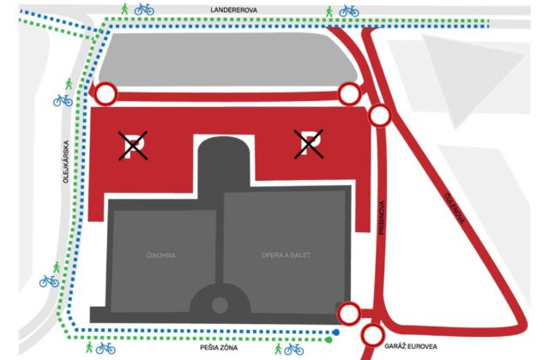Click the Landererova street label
pos(233,10)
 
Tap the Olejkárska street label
pos(66,162)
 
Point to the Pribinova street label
pos(382,217)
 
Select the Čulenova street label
pos(454,208)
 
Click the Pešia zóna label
pos(219,347)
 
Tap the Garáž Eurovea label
pos(411,346)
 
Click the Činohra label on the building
pos(160,255)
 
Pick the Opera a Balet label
pos(286,255)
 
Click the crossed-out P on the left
pos(133,146)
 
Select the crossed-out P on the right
pos(309,144)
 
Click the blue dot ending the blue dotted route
pos(336,333)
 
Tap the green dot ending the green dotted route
pos(329,339)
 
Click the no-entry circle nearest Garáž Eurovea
pos(372,335)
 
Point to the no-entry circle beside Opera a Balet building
pos(349,313)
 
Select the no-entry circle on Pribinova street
pos(379,115)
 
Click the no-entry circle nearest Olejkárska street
pos(106,93)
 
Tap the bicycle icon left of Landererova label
pos(144,9)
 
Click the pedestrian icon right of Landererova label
pos(329,11)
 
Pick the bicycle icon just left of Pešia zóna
pos(106,348)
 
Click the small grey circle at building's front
pos(220,305)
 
